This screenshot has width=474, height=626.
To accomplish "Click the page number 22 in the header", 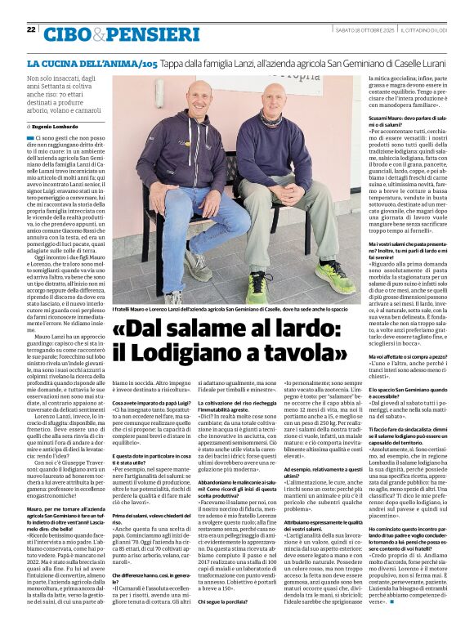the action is point(31,29).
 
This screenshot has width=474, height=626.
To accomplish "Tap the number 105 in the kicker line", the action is point(148,63).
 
